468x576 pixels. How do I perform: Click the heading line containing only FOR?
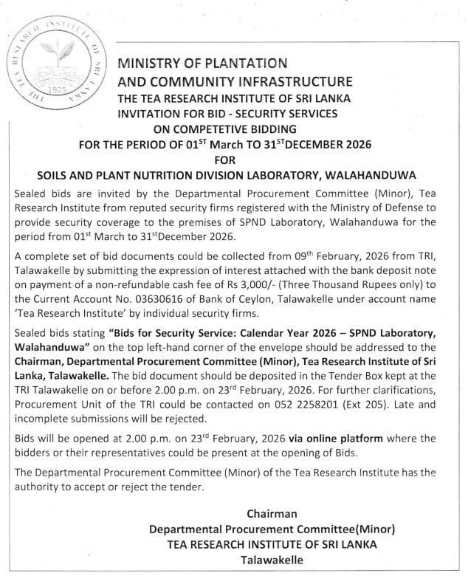click(233, 158)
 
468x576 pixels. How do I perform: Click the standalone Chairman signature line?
click(272, 513)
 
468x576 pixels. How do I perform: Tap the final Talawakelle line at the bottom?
click(272, 559)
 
